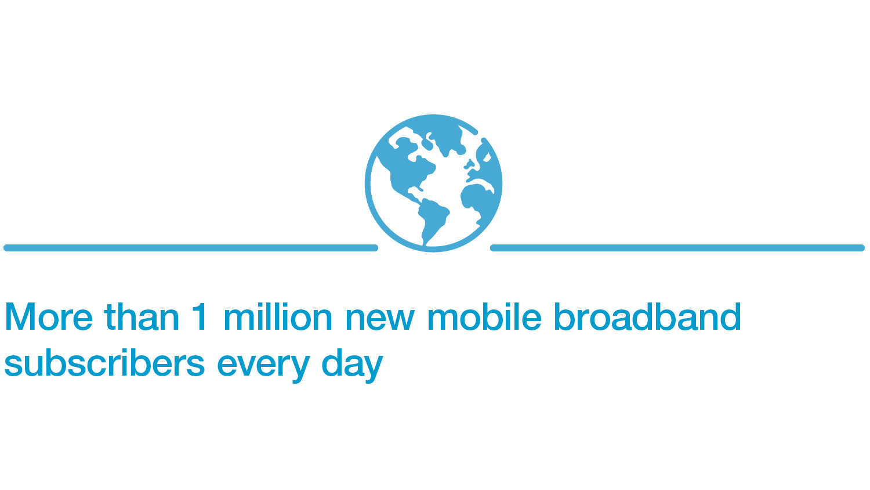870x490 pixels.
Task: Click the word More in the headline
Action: point(49,317)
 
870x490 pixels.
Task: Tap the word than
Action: point(142,316)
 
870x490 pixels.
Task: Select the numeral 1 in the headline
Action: point(200,317)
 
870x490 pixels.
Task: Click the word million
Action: point(278,316)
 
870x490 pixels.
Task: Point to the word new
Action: point(380,320)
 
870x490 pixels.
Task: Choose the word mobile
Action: point(484,316)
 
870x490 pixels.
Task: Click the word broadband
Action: point(647,316)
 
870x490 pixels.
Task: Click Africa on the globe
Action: point(478,202)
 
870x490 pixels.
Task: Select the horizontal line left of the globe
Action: point(191,248)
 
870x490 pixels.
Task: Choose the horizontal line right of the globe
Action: point(677,248)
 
